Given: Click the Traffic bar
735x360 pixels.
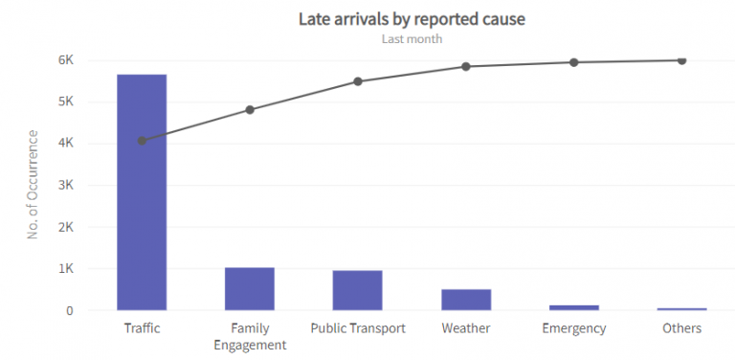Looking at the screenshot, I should pos(142,191).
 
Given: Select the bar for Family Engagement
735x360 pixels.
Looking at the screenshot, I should pos(250,288).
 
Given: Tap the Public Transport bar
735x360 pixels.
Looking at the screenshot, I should pos(358,290).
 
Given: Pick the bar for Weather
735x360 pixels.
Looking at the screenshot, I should pos(466,299).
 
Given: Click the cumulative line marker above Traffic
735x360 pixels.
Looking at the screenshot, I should pos(142,141).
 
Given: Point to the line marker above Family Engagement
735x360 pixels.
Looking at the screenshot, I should pos(250,110).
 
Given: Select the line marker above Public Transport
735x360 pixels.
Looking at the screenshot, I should pos(358,81).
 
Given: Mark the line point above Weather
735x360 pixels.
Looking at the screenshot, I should pos(466,66).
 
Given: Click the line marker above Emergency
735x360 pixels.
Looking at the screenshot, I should pos(574,62).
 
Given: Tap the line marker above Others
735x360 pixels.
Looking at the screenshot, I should pos(681,60).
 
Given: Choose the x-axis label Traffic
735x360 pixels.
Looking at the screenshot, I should pos(142,328).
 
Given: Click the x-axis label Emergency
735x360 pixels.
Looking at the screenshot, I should pos(574,328).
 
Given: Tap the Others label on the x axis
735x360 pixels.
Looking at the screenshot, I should pos(681,328).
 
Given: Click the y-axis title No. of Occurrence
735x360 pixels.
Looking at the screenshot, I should pos(33,185).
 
